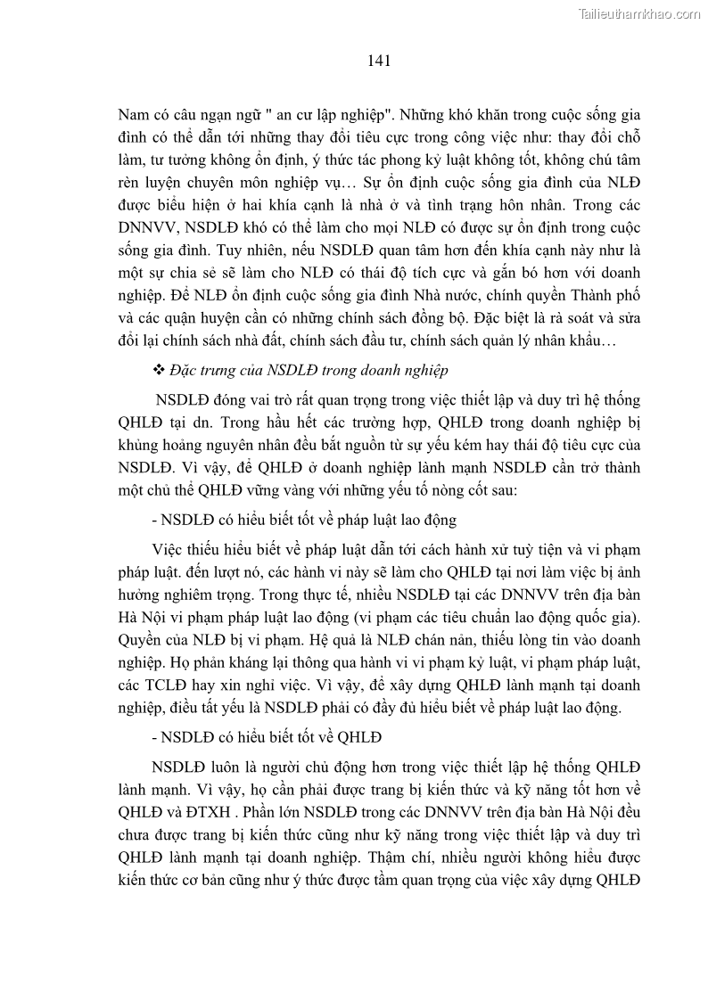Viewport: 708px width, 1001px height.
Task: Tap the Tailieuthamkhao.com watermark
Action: coord(640,13)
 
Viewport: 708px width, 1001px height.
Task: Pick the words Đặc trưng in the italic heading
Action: coord(212,369)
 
